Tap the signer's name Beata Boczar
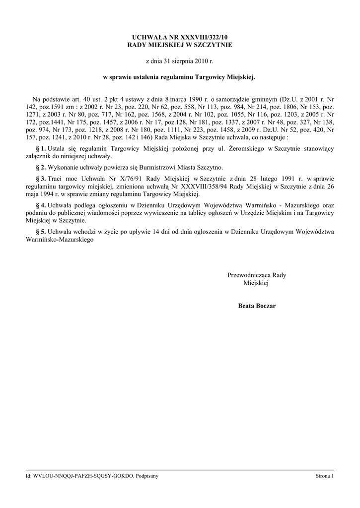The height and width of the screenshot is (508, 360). click(256, 306)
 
